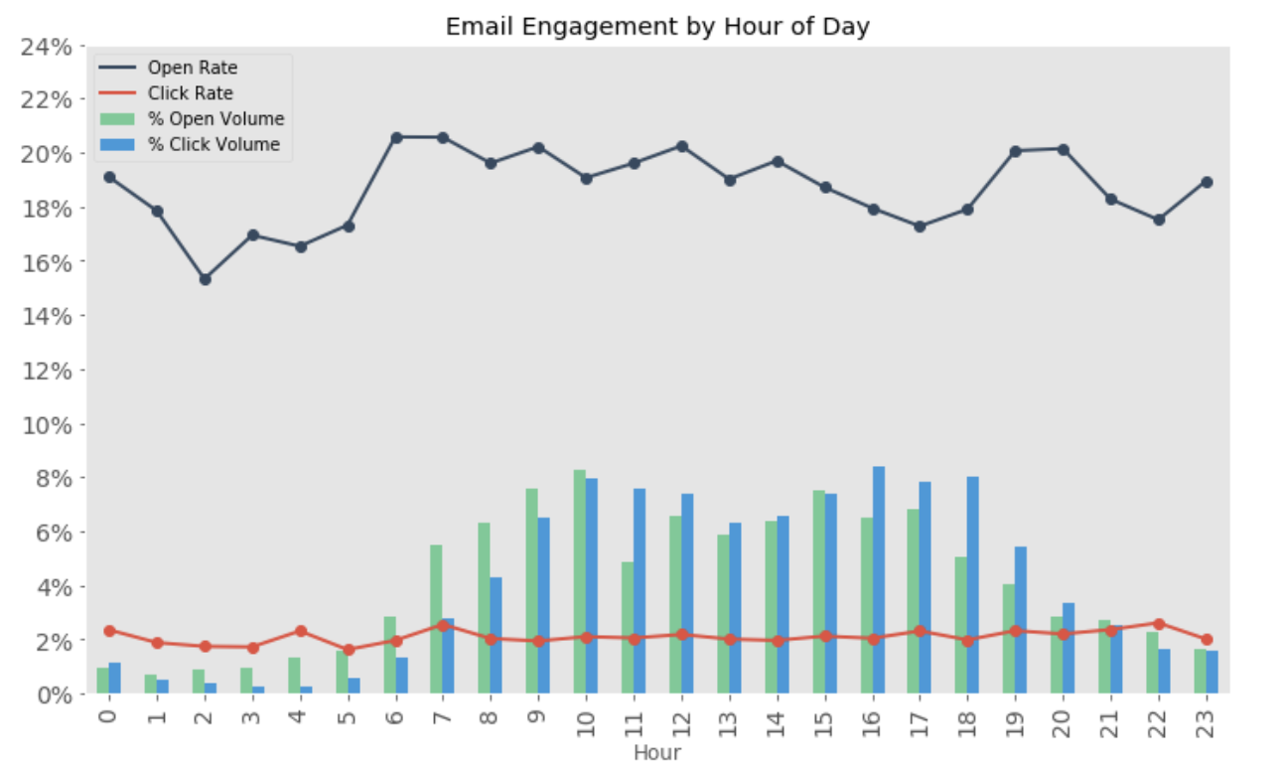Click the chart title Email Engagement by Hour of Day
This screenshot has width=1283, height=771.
point(656,26)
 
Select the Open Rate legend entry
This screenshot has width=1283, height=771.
point(192,68)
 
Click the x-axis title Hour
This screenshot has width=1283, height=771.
point(657,753)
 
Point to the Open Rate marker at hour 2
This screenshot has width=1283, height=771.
point(205,279)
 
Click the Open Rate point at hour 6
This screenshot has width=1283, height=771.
point(396,138)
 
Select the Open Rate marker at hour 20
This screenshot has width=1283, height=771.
point(1063,149)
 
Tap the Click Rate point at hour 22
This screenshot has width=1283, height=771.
point(1158,624)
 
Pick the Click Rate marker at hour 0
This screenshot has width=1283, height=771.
point(109,631)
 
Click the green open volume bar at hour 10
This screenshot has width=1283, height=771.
point(580,581)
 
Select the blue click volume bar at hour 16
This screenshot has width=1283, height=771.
point(879,579)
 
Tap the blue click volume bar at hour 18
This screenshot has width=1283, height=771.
point(974,585)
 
